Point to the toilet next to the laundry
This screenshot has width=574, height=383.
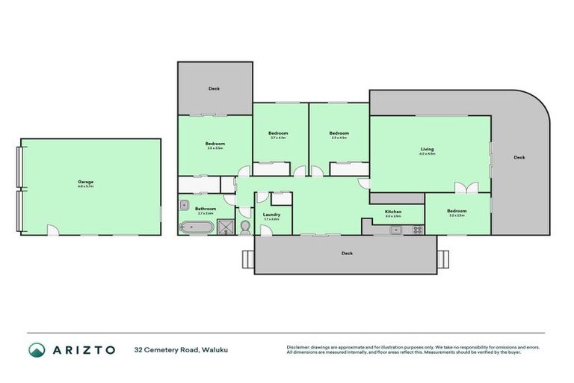click(x=244, y=225)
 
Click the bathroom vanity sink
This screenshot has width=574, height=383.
click(x=183, y=203)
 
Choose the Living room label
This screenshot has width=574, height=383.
click(x=427, y=151)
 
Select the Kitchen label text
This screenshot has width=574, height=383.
click(x=393, y=212)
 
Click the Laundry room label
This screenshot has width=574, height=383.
click(x=271, y=216)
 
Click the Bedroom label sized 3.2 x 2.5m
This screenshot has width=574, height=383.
click(x=457, y=212)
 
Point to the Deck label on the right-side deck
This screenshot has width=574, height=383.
click(x=519, y=158)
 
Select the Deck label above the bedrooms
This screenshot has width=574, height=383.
click(x=214, y=89)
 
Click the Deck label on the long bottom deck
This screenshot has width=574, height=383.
click(x=347, y=254)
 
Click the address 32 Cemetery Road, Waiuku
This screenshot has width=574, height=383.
click(x=172, y=349)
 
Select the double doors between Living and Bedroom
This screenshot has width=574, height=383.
click(x=466, y=189)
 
